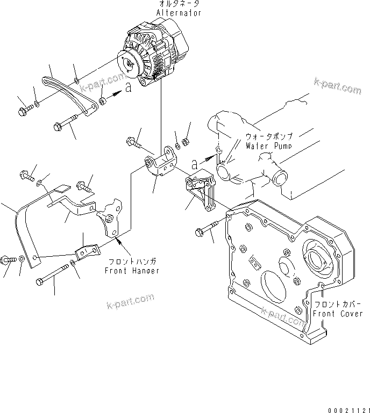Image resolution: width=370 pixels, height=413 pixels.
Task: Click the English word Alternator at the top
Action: (x=179, y=13)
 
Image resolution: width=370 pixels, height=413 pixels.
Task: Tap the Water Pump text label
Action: (x=268, y=146)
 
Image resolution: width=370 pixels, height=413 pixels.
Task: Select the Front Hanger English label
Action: (x=132, y=271)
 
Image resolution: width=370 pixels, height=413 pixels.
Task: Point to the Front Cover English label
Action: (x=338, y=314)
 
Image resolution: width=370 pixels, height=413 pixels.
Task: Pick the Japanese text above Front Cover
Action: (x=338, y=304)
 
